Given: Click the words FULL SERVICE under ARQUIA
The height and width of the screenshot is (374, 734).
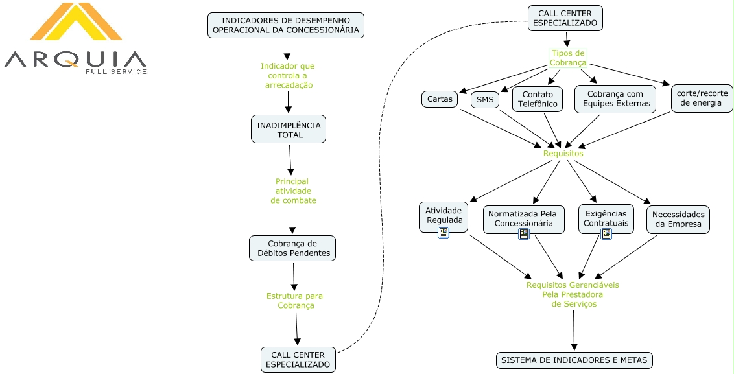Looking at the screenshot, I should [115, 71].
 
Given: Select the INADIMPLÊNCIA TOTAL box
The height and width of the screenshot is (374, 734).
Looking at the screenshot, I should [289, 130].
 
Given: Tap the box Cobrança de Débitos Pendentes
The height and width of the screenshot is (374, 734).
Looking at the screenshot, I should [292, 248].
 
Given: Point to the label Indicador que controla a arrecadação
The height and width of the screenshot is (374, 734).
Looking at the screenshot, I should [287, 75].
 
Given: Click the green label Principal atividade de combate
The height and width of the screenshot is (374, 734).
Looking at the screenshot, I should [292, 191].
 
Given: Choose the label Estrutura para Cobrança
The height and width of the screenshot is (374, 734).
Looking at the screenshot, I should [295, 301].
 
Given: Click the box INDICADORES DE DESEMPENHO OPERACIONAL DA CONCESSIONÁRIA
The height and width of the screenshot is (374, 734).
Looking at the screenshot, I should [286, 25].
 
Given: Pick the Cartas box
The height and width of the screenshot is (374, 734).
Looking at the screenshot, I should [439, 100].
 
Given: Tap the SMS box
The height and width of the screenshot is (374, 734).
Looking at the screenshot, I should [484, 100].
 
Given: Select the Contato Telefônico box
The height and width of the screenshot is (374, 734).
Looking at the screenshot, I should [537, 99].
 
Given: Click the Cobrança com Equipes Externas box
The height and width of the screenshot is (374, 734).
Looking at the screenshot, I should [615, 99].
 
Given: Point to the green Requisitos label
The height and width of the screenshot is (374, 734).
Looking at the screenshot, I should [563, 154].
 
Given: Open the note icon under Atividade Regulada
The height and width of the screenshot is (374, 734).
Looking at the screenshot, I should [444, 233].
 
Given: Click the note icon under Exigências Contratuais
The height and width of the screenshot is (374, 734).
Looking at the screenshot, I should [606, 234].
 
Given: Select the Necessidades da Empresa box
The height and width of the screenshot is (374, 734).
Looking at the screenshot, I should [678, 219].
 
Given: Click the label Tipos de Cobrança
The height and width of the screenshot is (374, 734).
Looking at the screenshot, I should [568, 58].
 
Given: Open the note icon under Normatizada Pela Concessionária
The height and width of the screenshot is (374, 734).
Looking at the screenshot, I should [523, 234].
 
